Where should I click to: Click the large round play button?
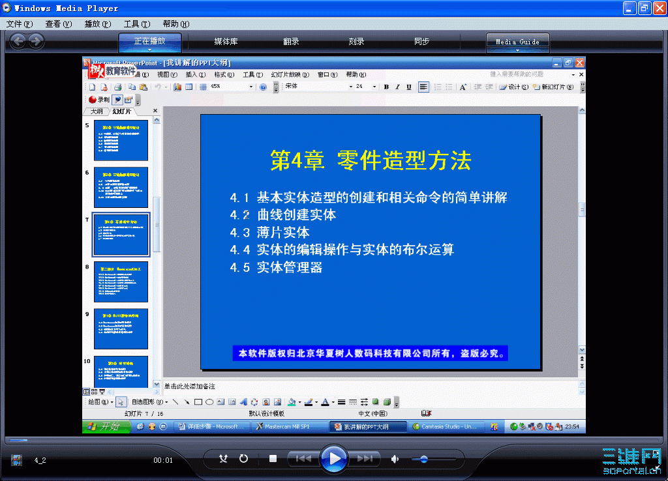333,458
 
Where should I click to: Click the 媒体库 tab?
226,42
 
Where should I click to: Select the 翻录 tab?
291,42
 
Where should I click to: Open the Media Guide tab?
517,42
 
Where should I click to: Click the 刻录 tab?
356,42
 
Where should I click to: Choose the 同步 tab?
421,42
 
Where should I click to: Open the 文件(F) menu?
20,23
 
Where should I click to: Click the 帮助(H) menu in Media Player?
176,23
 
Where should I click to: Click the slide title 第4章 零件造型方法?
371,160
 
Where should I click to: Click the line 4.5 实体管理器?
277,267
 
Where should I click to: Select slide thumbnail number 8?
121,282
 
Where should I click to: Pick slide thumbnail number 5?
121,140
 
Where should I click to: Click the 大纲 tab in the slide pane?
96,111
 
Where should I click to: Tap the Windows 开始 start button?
104,427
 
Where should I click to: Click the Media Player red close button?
658,8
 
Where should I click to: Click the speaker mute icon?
395,459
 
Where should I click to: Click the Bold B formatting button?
386,87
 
